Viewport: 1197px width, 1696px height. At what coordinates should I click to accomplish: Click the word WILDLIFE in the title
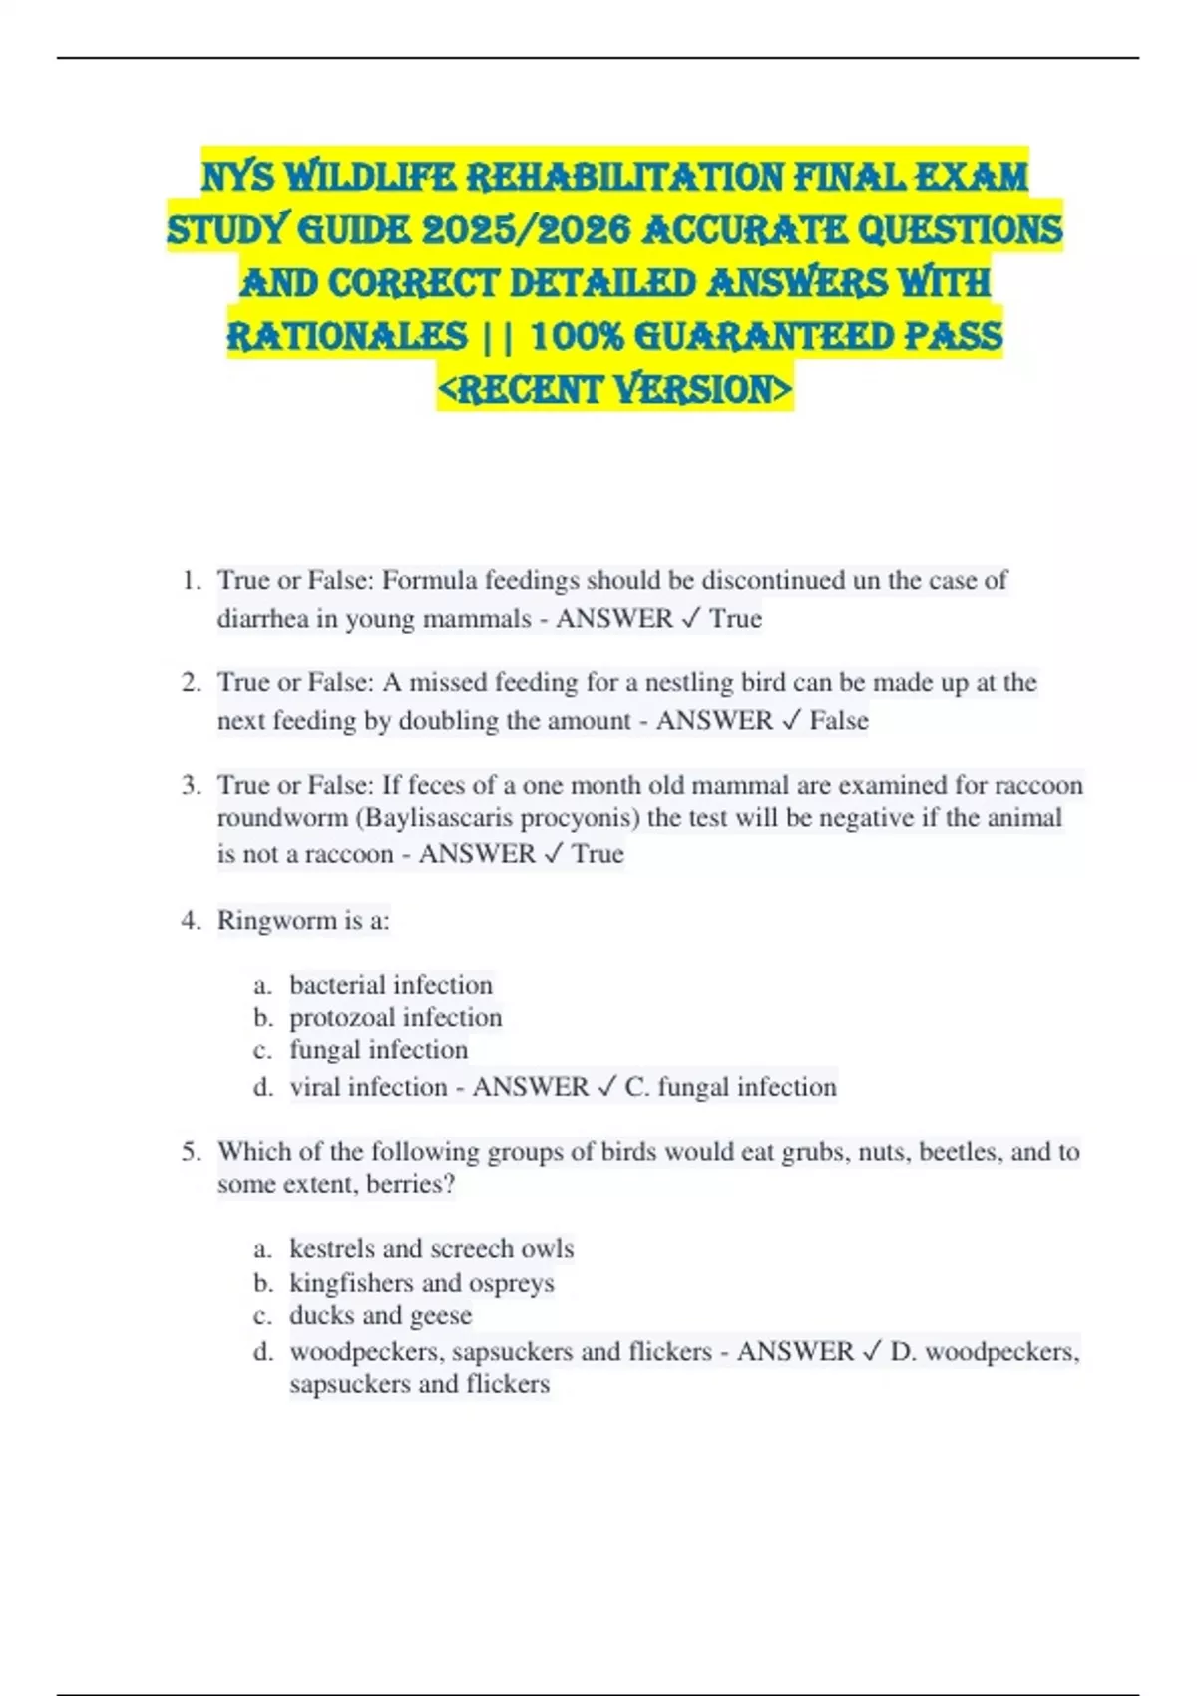coord(370,178)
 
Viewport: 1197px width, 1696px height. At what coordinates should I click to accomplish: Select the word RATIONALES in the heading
coord(347,336)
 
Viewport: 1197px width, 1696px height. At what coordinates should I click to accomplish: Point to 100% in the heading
coord(577,336)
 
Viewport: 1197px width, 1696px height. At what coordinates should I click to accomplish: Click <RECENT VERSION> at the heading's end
coord(614,389)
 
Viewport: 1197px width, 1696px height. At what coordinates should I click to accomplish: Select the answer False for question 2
coord(839,721)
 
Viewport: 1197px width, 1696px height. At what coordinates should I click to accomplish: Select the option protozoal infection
coord(395,1018)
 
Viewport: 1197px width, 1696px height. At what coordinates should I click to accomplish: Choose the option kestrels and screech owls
coord(431,1249)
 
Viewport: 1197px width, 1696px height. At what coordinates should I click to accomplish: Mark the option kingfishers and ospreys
coord(421,1283)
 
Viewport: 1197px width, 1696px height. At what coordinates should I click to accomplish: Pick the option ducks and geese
coord(380,1316)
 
